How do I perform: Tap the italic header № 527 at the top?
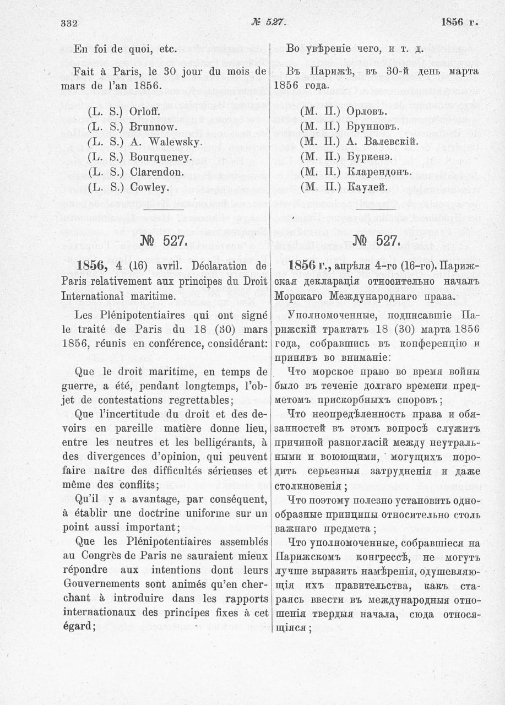pos(267,22)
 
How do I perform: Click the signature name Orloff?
pos(145,111)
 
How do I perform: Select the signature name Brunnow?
pos(149,126)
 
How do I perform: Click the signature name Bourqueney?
pos(161,157)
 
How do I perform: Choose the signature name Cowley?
pos(149,187)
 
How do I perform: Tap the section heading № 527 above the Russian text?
pos(376,241)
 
